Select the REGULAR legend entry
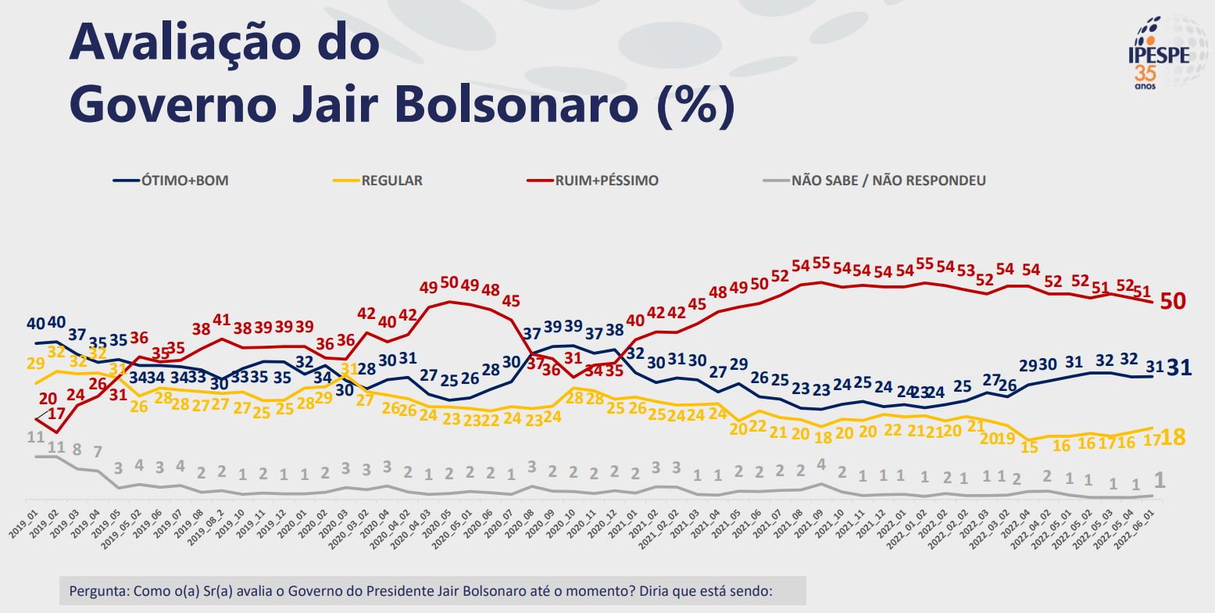[391, 181]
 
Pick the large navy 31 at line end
[1179, 367]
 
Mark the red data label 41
[222, 320]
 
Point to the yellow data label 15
[1030, 446]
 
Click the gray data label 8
[77, 450]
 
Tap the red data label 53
[967, 271]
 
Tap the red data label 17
[56, 413]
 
